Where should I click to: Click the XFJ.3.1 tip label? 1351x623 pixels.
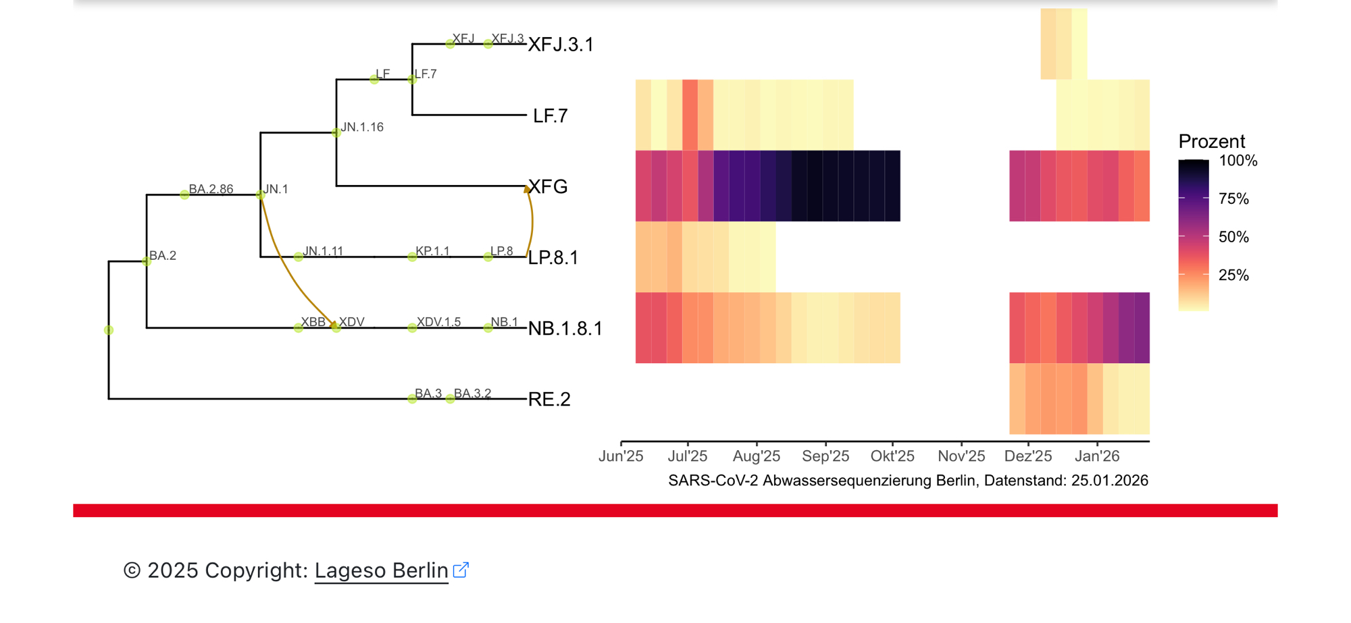pyautogui.click(x=561, y=45)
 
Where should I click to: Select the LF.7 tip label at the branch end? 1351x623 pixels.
pyautogui.click(x=550, y=116)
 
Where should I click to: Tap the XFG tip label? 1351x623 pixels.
pyautogui.click(x=548, y=187)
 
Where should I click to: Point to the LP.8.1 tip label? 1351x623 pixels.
pyautogui.click(x=553, y=258)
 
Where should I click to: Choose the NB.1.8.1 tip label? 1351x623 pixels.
pyautogui.click(x=565, y=329)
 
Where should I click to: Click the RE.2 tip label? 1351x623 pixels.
pyautogui.click(x=549, y=400)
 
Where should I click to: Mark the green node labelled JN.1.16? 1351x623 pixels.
pyautogui.click(x=336, y=133)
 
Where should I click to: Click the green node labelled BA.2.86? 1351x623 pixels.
pyautogui.click(x=184, y=194)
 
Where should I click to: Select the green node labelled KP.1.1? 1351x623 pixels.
pyautogui.click(x=412, y=256)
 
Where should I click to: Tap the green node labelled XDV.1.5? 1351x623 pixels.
pyautogui.click(x=412, y=328)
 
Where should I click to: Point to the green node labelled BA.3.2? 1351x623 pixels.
pyautogui.click(x=451, y=399)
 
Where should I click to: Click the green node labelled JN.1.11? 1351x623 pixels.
pyautogui.click(x=299, y=256)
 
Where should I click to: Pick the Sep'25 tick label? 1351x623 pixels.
pyautogui.click(x=825, y=456)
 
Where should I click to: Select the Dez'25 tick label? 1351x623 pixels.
pyautogui.click(x=1028, y=456)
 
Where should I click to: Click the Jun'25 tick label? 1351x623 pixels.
pyautogui.click(x=621, y=456)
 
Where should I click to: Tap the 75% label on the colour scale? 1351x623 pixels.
pyautogui.click(x=1233, y=199)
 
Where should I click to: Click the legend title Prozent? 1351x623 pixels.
pyautogui.click(x=1211, y=142)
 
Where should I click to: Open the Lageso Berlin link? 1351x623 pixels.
pyautogui.click(x=381, y=570)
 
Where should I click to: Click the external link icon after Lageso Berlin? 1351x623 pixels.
pyautogui.click(x=461, y=570)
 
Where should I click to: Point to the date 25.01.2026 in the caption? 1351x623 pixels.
pyautogui.click(x=1109, y=481)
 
